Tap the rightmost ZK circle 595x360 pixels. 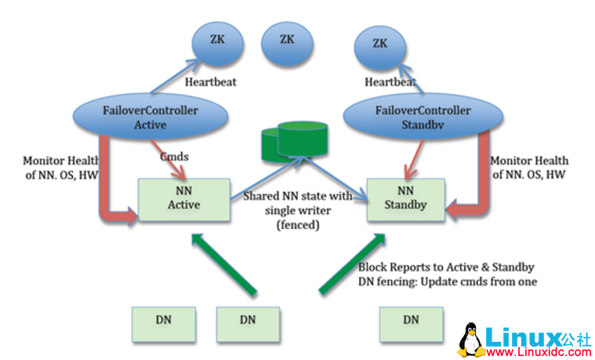(x=380, y=44)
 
